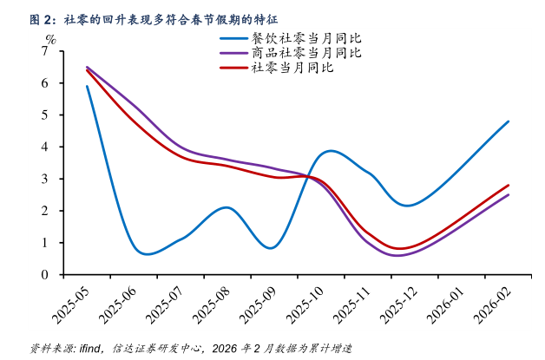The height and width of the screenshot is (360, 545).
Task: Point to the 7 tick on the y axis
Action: click(x=45, y=51)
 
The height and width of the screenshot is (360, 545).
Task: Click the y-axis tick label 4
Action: click(x=45, y=147)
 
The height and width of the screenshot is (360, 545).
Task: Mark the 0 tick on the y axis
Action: click(x=45, y=274)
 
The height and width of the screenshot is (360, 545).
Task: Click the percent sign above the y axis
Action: click(x=50, y=39)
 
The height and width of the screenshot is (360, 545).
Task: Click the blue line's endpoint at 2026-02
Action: click(x=509, y=121)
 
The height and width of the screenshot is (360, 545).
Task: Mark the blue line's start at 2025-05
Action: click(x=87, y=86)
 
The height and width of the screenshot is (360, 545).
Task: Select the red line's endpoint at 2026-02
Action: click(x=509, y=185)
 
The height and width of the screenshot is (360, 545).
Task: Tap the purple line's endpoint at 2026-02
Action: click(x=509, y=194)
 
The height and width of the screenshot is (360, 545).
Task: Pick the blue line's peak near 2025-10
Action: click(x=332, y=151)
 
